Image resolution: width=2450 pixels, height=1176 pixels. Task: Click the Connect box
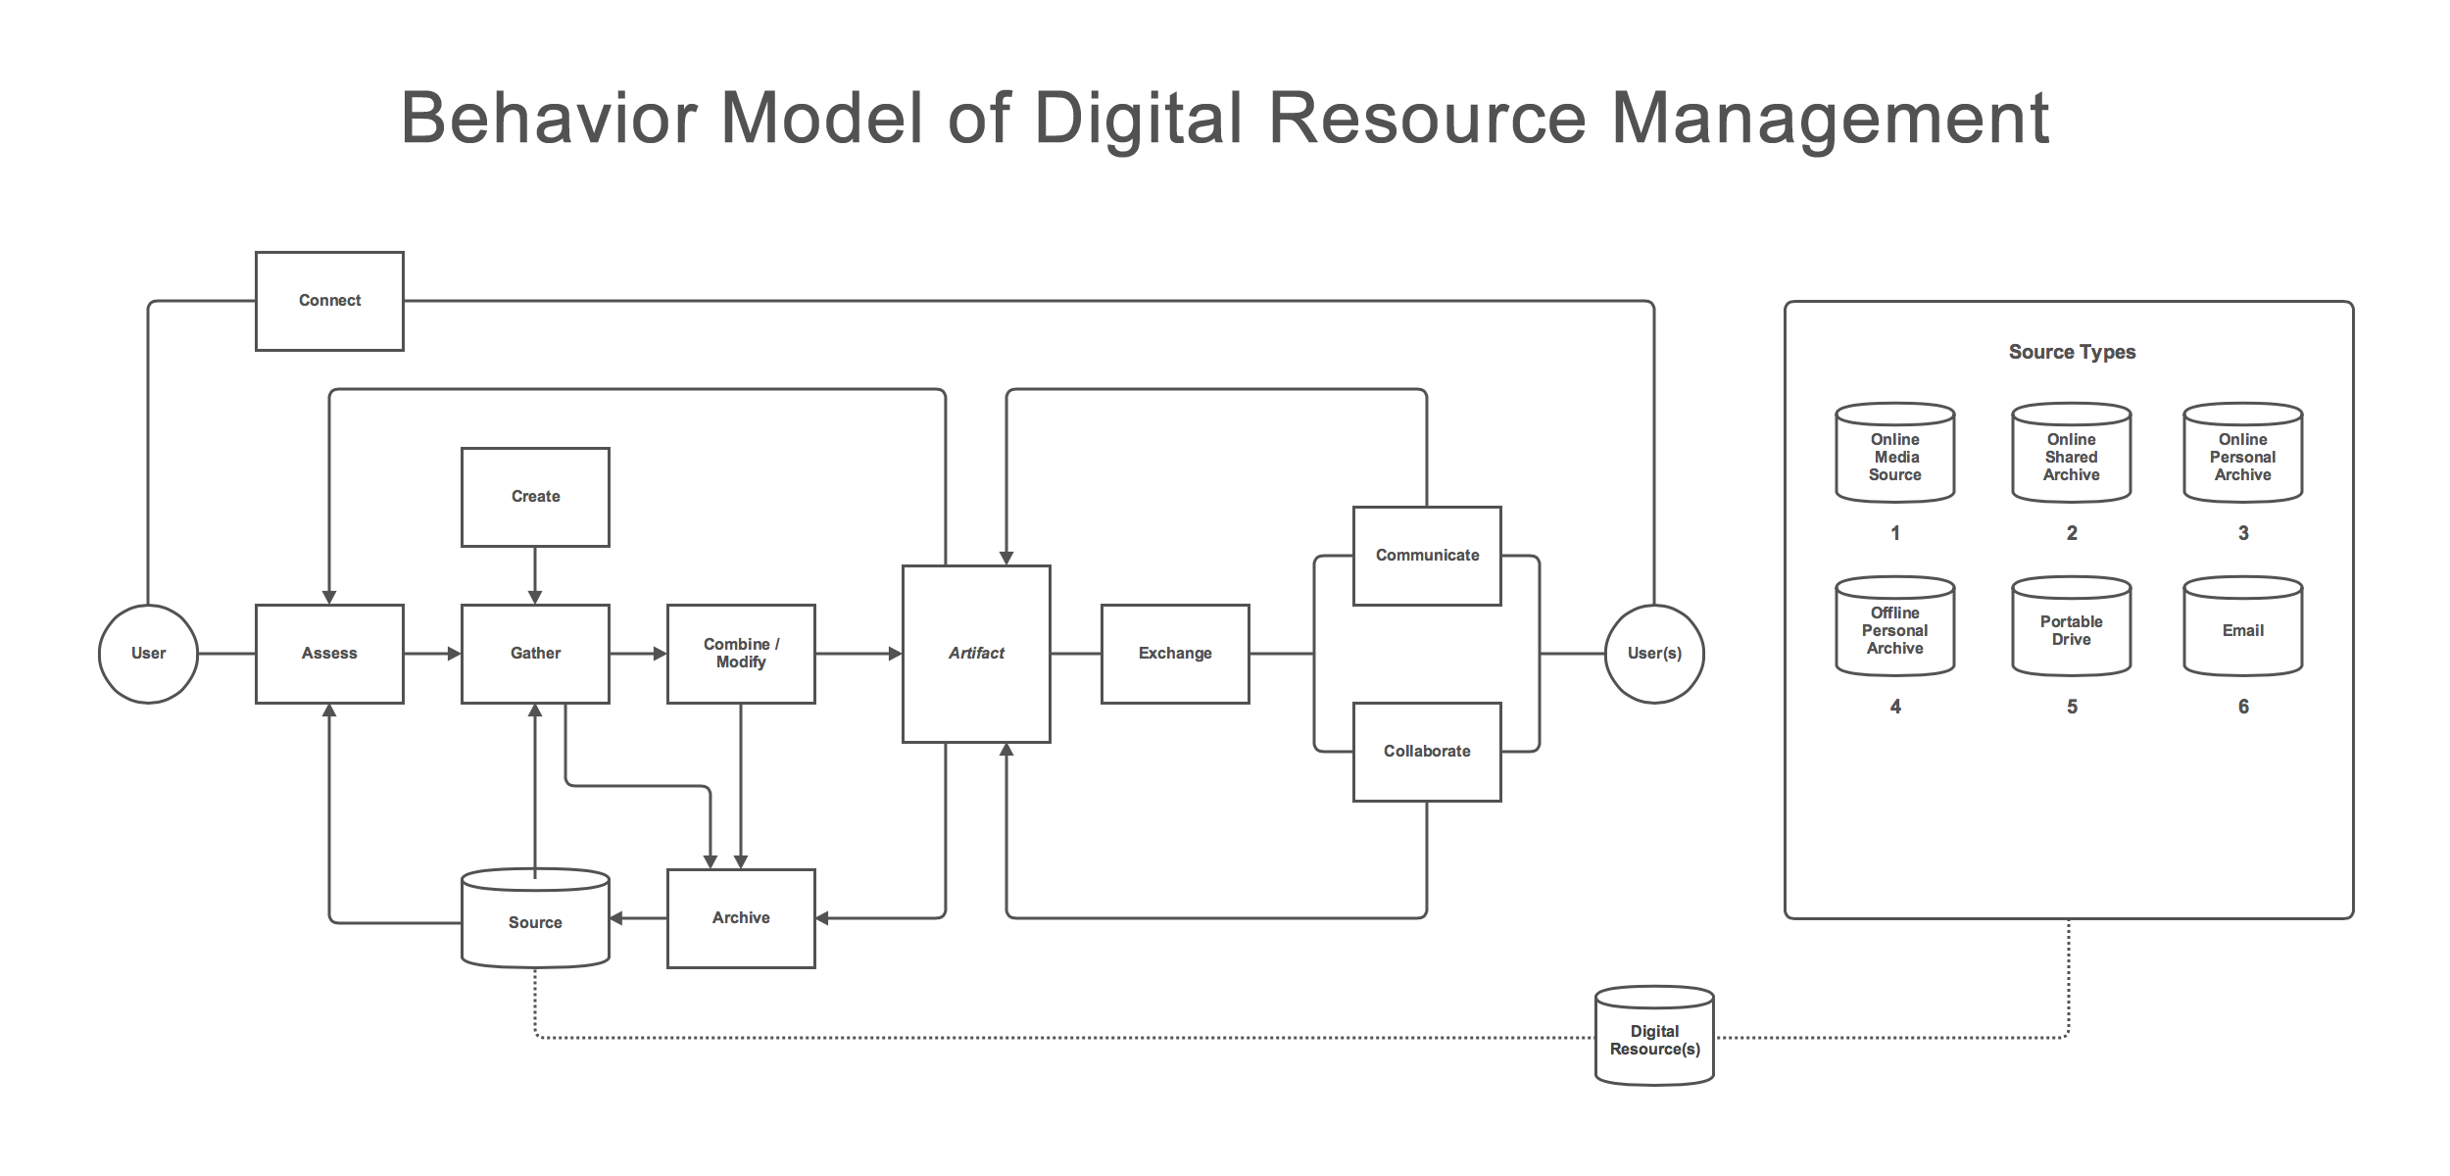[x=329, y=301]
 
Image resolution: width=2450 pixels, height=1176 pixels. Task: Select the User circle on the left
[x=148, y=654]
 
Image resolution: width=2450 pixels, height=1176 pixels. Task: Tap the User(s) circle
[x=1654, y=654]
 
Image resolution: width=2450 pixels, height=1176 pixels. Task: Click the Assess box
[x=329, y=654]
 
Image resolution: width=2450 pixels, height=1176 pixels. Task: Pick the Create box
[x=535, y=497]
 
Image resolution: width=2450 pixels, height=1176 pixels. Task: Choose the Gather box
[x=535, y=654]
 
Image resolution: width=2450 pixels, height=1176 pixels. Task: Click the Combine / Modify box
[x=741, y=654]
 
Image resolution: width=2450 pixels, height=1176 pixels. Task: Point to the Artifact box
[x=976, y=654]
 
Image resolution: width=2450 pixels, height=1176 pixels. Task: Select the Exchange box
[x=1175, y=654]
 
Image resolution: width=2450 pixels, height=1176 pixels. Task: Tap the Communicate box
[x=1427, y=556]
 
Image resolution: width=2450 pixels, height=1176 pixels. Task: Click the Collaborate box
[x=1427, y=752]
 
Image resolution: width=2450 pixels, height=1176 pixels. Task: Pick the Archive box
[x=741, y=918]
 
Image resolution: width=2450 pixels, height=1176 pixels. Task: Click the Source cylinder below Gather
[x=535, y=921]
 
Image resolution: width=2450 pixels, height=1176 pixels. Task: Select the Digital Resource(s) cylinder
[x=1654, y=1039]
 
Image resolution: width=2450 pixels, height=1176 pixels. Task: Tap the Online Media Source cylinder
[x=1894, y=457]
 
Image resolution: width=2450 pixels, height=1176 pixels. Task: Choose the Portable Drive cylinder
[x=2071, y=630]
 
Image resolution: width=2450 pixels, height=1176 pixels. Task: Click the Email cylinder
[x=2242, y=630]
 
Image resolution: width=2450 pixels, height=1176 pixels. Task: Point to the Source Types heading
[x=2072, y=352]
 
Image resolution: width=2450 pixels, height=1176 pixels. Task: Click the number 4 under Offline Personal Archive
[x=1895, y=707]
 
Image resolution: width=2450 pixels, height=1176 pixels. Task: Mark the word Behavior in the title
[x=550, y=119]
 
